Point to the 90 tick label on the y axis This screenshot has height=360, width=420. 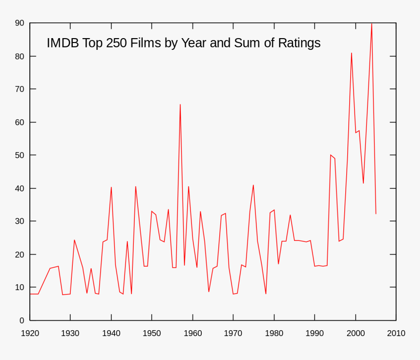pos(20,23)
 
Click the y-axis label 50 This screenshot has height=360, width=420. pos(20,155)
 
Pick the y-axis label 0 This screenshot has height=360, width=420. pos(21,320)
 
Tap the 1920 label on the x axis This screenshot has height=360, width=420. pos(30,334)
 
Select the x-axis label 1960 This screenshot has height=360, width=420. pos(192,334)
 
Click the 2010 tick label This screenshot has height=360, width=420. pos(396,334)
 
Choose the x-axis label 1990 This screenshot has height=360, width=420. pos(315,334)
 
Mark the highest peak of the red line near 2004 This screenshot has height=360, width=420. pos(372,23)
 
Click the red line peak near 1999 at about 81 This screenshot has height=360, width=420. pos(351,53)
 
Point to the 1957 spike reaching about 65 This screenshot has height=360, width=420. pos(180,105)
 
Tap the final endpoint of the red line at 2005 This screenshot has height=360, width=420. pos(376,213)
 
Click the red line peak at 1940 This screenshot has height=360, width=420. pos(111,187)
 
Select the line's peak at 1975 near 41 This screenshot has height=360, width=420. pos(253,185)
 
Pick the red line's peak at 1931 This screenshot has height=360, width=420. pos(74,240)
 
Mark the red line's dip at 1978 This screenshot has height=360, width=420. pos(266,294)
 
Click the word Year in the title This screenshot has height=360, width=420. pos(194,43)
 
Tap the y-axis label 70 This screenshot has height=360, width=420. pos(20,89)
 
